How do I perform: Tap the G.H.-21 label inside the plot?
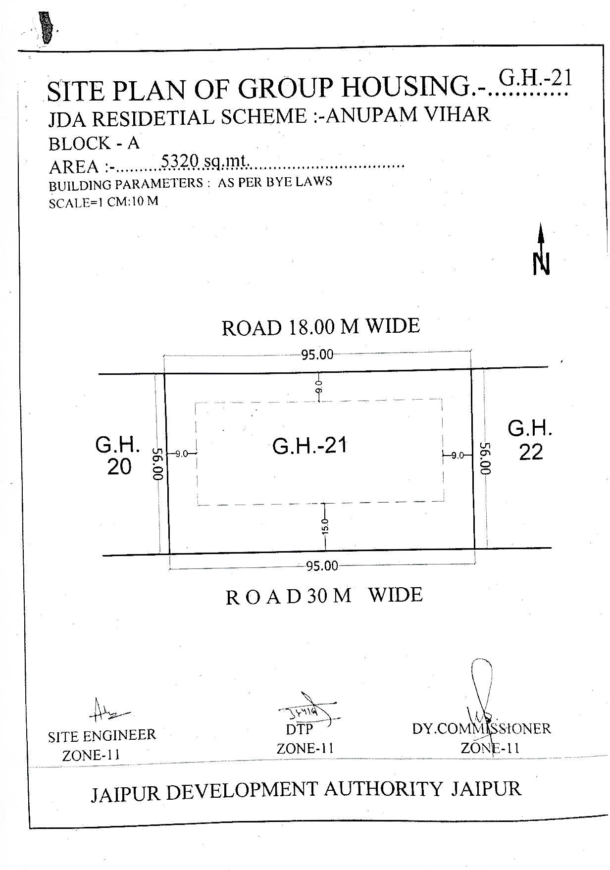pyautogui.click(x=310, y=446)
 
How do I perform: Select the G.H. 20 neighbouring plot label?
pyautogui.click(x=118, y=456)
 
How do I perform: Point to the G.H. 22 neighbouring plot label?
pyautogui.click(x=530, y=440)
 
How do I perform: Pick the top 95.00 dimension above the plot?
pyautogui.click(x=317, y=355)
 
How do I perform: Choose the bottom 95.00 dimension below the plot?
pyautogui.click(x=322, y=565)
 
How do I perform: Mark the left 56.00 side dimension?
pyautogui.click(x=158, y=464)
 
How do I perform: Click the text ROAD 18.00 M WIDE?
pyautogui.click(x=321, y=327)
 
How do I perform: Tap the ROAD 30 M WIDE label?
pyautogui.click(x=324, y=596)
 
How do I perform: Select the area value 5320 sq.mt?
pyautogui.click(x=206, y=161)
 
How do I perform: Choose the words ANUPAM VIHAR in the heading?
pyautogui.click(x=409, y=115)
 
